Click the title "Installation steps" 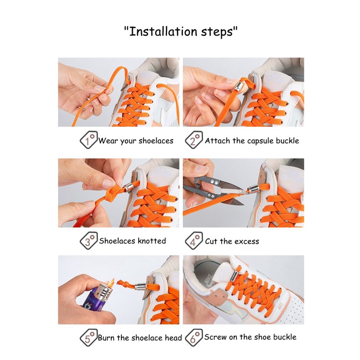click(180, 32)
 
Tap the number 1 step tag click(89, 140)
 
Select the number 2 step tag click(194, 140)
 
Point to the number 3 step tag click(89, 240)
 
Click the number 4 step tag click(194, 240)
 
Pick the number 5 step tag click(89, 337)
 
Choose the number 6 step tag click(194, 337)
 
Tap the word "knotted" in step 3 click(152, 240)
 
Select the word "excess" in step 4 click(246, 242)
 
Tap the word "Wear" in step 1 click(108, 141)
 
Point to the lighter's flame click(111, 283)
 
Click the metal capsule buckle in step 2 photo click(239, 86)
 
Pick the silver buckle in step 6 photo click(234, 276)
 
